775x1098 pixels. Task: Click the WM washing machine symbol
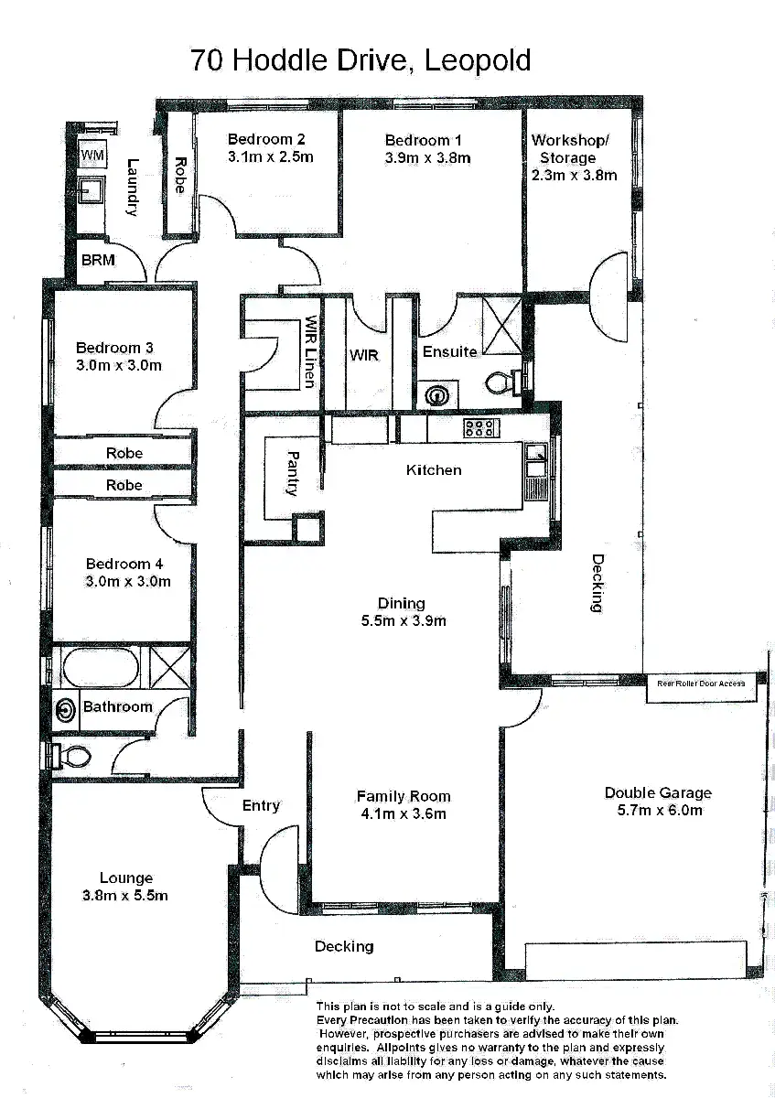[92, 155]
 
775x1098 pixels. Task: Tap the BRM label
[98, 261]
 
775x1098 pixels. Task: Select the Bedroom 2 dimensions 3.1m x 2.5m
[270, 156]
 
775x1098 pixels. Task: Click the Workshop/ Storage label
[569, 148]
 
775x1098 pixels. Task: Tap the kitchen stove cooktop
[479, 427]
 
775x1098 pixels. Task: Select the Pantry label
[293, 472]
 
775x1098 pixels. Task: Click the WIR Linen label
[312, 351]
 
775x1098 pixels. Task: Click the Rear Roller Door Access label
[701, 684]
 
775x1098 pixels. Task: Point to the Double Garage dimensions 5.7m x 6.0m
[657, 811]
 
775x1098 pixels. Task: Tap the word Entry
[261, 805]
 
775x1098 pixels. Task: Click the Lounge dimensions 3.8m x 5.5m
[124, 896]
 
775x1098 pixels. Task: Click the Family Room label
[404, 796]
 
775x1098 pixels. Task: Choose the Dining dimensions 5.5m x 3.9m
[402, 621]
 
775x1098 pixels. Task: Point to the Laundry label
[133, 188]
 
